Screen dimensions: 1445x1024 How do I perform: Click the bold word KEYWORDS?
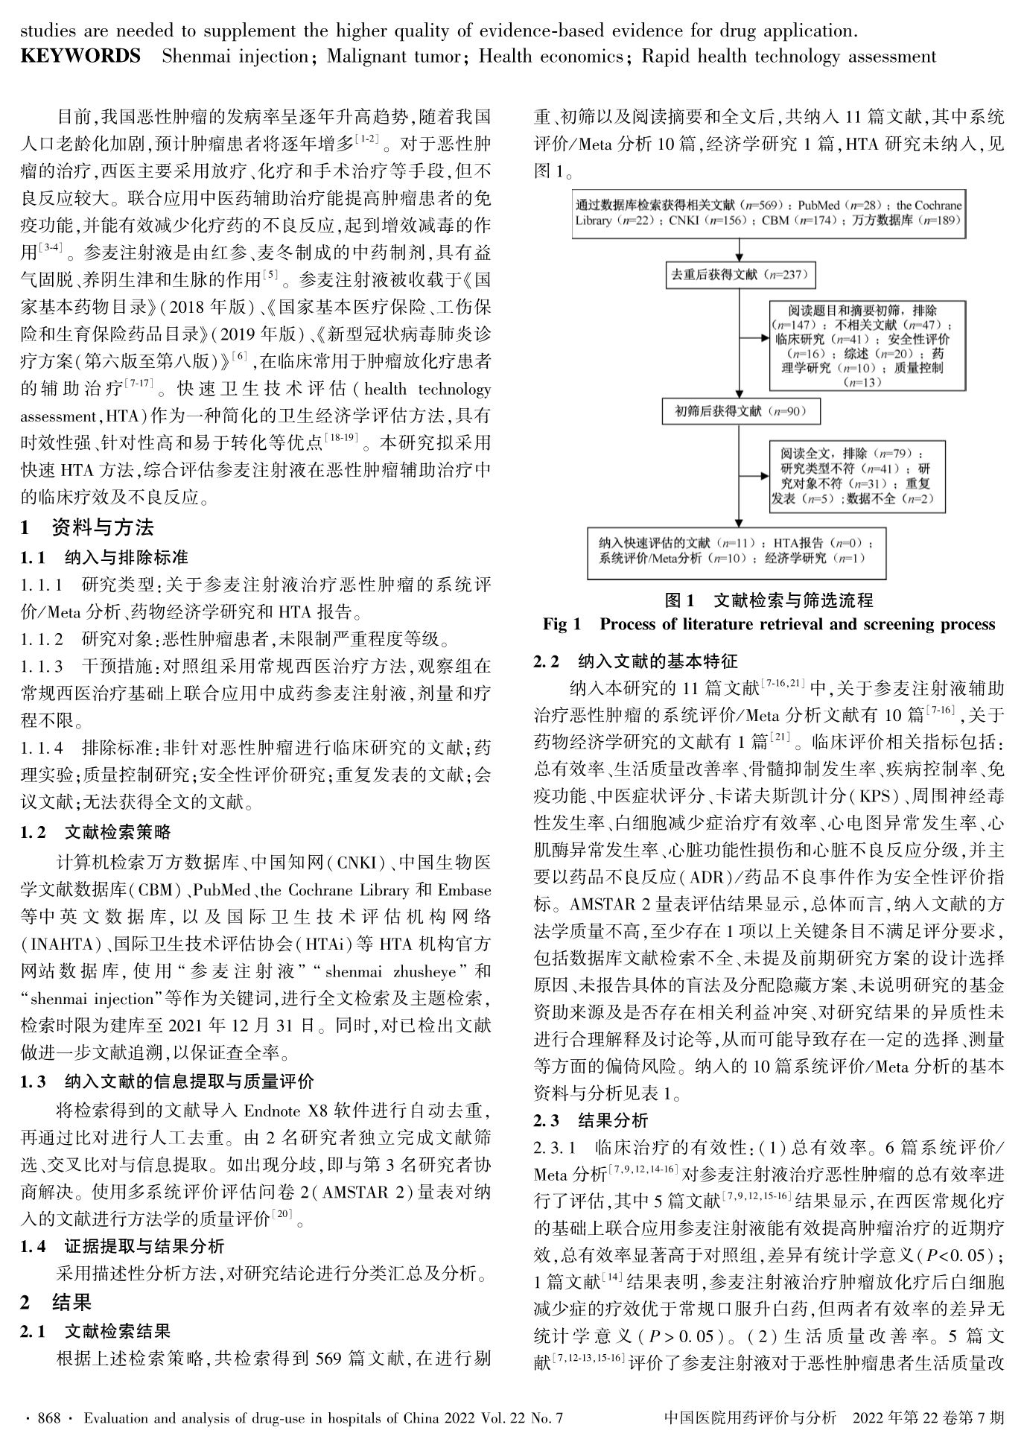tap(80, 56)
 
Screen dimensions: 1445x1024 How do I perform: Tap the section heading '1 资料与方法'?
tap(87, 528)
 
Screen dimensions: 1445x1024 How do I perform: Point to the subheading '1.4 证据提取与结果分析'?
tap(122, 1246)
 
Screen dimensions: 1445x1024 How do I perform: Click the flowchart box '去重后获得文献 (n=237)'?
tap(739, 274)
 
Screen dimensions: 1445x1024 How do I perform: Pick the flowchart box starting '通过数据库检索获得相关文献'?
tap(768, 212)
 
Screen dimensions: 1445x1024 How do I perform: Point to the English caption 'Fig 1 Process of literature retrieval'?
tap(769, 624)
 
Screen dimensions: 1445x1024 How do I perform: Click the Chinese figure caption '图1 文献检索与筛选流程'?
tap(769, 600)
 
